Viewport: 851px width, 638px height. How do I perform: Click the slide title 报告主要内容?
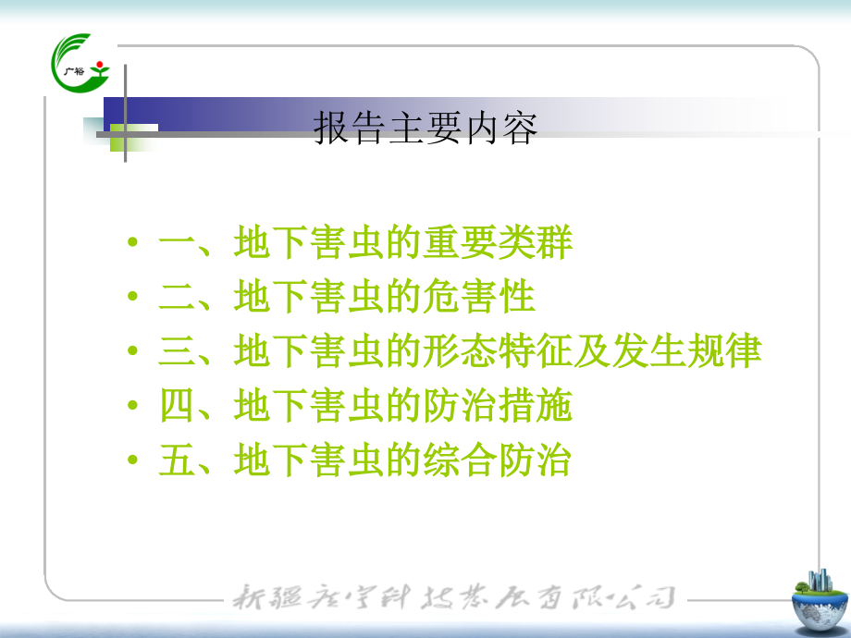[x=425, y=129]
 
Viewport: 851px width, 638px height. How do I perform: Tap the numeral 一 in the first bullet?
[x=174, y=243]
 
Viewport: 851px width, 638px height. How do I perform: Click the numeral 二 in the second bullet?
[x=174, y=298]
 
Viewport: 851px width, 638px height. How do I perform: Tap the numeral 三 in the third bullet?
[x=174, y=352]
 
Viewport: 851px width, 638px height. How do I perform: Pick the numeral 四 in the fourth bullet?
[x=174, y=407]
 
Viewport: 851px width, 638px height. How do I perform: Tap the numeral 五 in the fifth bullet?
[x=174, y=461]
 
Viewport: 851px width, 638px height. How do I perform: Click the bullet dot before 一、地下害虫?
[x=134, y=244]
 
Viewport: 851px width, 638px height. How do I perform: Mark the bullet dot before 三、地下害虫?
[x=134, y=353]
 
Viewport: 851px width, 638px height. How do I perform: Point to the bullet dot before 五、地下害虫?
[x=134, y=462]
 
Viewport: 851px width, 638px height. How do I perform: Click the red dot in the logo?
[x=99, y=64]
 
